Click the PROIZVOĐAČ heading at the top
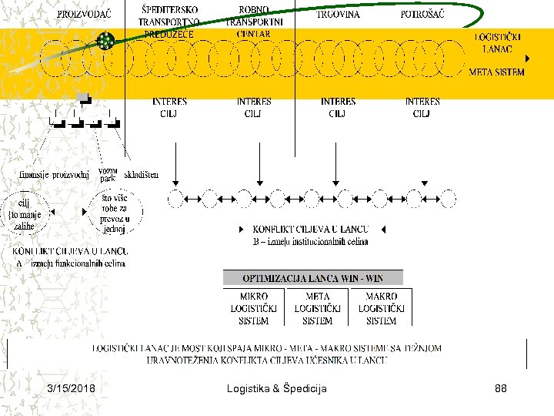pyautogui.click(x=84, y=14)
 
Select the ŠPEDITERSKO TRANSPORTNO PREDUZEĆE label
pyautogui.click(x=169, y=22)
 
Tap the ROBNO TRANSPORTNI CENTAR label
pyautogui.click(x=254, y=22)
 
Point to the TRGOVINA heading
pyautogui.click(x=338, y=14)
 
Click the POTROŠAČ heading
pyautogui.click(x=422, y=14)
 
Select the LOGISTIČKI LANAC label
pyautogui.click(x=498, y=42)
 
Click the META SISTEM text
pyautogui.click(x=497, y=72)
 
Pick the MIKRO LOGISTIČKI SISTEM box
pyautogui.click(x=254, y=307)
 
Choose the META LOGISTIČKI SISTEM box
pyautogui.click(x=318, y=307)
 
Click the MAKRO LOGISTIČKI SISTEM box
pyautogui.click(x=382, y=307)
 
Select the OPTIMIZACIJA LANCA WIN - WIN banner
pyautogui.click(x=312, y=278)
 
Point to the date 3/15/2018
pyautogui.click(x=71, y=388)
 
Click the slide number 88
pyautogui.click(x=501, y=388)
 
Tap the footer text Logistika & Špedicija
pyautogui.click(x=277, y=388)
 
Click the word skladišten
pyautogui.click(x=141, y=174)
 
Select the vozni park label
pyautogui.click(x=108, y=174)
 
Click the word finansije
pyautogui.click(x=35, y=174)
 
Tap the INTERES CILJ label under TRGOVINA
pyautogui.click(x=338, y=107)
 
